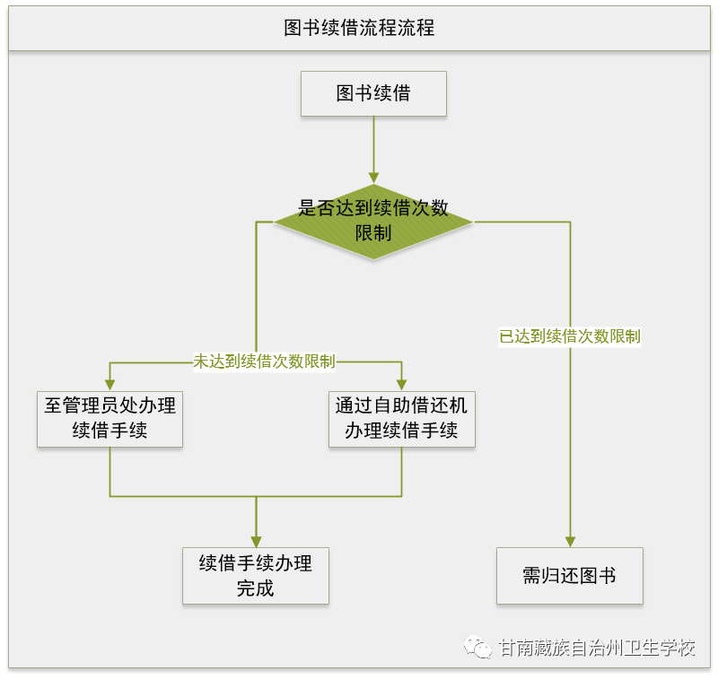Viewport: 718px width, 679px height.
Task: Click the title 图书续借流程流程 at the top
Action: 359,28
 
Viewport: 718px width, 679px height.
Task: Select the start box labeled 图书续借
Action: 373,93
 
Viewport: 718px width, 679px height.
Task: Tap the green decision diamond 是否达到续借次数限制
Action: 373,220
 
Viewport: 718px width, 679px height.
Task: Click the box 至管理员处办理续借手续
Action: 109,418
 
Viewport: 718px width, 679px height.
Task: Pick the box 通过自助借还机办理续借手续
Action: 401,418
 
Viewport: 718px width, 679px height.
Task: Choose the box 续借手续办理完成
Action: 256,576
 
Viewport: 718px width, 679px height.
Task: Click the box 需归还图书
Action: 570,576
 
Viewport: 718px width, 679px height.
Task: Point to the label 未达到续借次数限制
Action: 264,362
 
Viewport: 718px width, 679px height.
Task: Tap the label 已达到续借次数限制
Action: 570,337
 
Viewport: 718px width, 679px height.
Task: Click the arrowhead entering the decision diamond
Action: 373,177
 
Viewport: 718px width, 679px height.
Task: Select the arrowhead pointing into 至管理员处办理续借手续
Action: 109,384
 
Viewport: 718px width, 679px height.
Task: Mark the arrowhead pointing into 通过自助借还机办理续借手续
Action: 401,384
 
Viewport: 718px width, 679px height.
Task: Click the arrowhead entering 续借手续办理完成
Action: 256,541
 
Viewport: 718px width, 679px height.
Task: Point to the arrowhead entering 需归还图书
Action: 570,541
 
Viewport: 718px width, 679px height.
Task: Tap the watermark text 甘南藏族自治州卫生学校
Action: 597,648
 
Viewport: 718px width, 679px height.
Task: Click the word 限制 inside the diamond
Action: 373,233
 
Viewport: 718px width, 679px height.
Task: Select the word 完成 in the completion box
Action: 256,589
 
